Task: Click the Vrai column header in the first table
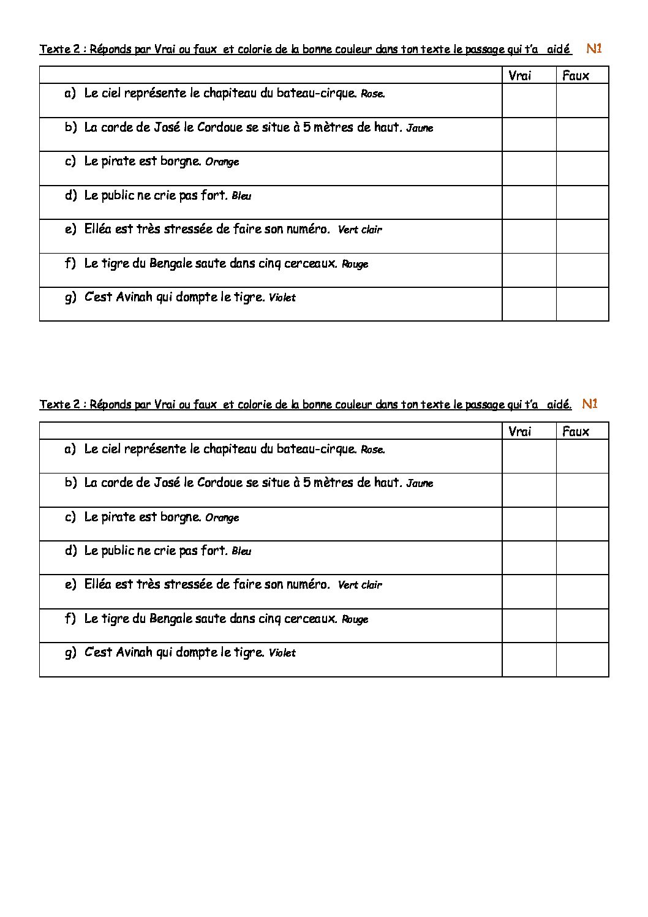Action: (519, 75)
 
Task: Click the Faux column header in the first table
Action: (576, 75)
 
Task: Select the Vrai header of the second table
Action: (519, 431)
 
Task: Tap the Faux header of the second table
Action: (576, 431)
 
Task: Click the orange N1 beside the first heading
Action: (594, 49)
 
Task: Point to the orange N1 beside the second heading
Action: (590, 404)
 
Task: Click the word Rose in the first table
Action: (372, 94)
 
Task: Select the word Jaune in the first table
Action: (420, 128)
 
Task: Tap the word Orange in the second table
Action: (222, 518)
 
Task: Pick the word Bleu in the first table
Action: (241, 196)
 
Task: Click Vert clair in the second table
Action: (360, 585)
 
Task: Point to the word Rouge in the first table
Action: (355, 264)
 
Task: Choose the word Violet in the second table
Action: (282, 653)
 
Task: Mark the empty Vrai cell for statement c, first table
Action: (529, 168)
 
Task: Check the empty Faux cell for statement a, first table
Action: (582, 100)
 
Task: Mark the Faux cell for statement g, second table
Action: (582, 660)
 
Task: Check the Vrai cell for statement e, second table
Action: (529, 592)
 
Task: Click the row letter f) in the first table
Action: (70, 263)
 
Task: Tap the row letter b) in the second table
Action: (70, 483)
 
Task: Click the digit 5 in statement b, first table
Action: (307, 127)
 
